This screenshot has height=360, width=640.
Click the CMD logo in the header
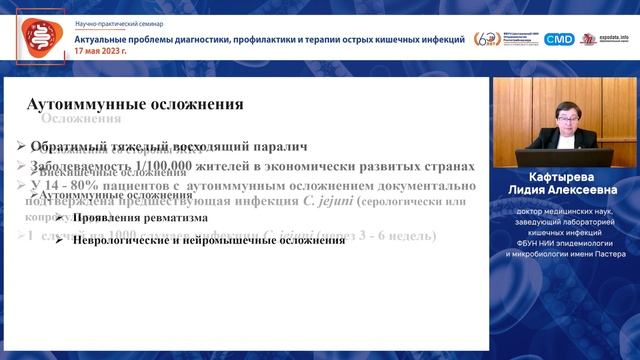click(559, 39)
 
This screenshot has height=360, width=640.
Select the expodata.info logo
click(606, 38)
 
